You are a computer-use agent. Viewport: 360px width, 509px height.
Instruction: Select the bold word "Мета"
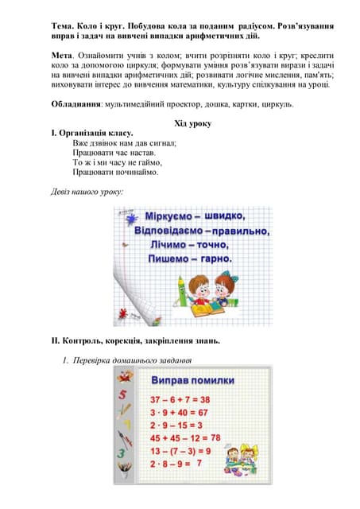pyautogui.click(x=64, y=54)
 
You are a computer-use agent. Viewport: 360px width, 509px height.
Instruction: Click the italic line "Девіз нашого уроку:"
pyautogui.click(x=87, y=191)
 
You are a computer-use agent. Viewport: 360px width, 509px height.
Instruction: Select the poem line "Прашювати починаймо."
pyautogui.click(x=115, y=172)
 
